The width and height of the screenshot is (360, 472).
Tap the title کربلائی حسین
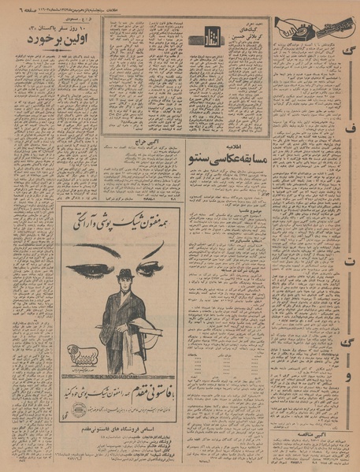tap(245, 36)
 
